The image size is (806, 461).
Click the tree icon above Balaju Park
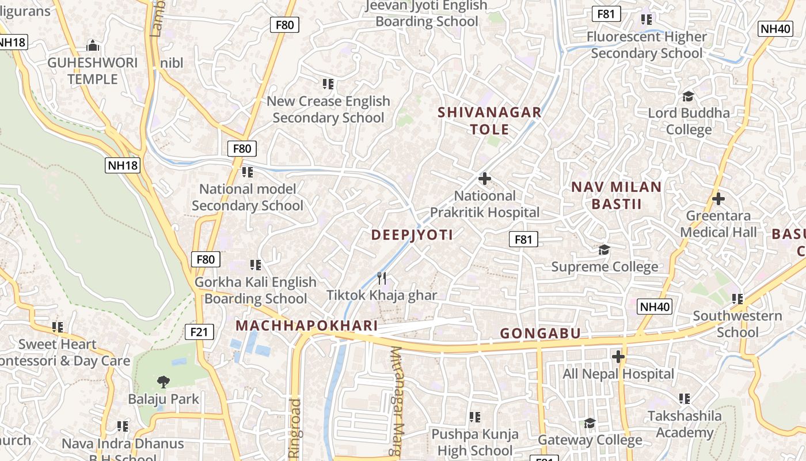tap(164, 381)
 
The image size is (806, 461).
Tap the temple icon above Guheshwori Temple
tap(92, 46)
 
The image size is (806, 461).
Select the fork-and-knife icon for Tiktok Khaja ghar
tap(382, 278)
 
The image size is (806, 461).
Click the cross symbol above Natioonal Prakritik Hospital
tap(485, 179)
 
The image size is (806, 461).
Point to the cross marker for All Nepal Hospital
tap(618, 357)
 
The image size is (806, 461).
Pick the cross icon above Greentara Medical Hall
tap(718, 199)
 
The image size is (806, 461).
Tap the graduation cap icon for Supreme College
tap(604, 250)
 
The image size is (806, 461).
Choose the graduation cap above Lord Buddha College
tap(688, 96)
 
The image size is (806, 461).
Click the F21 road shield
tap(200, 332)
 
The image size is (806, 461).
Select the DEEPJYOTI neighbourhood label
tap(412, 235)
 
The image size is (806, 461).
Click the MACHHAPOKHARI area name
tap(307, 326)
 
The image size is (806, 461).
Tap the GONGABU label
tap(540, 333)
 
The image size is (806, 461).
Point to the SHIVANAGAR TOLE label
tap(489, 120)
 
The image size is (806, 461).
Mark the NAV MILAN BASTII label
tap(617, 195)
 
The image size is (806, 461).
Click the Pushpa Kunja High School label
tap(475, 442)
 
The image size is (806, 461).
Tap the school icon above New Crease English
tap(328, 84)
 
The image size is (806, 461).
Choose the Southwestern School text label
tap(737, 324)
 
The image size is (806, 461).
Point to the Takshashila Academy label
tap(685, 424)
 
